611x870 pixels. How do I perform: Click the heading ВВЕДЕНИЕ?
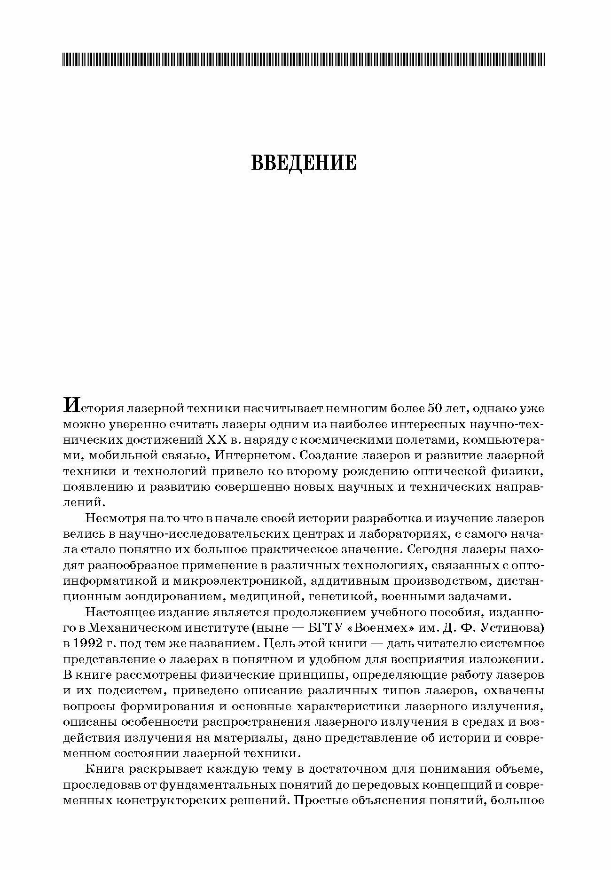click(304, 162)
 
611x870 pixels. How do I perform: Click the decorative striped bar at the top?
click(304, 59)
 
